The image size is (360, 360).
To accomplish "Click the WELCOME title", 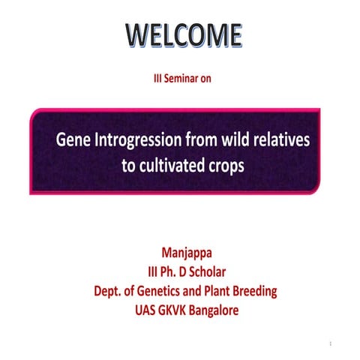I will [183, 34].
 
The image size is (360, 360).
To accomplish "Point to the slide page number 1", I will [331, 343].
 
